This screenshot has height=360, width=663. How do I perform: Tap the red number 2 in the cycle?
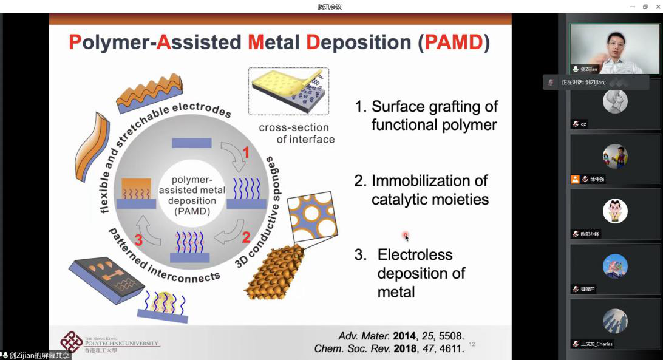(246, 237)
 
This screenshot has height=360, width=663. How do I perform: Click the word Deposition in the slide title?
(358, 42)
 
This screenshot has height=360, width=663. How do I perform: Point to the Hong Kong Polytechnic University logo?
(72, 342)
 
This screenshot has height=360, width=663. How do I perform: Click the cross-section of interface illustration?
(288, 91)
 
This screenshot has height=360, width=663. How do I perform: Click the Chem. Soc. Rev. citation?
(389, 348)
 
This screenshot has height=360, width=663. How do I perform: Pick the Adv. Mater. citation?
(401, 336)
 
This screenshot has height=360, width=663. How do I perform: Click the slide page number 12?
(472, 345)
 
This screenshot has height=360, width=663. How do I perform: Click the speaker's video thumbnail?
(615, 49)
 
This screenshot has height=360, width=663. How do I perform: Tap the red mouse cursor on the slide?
(406, 236)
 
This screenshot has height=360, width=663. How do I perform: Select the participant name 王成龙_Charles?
(596, 344)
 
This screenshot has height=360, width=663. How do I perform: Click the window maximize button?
(645, 7)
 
